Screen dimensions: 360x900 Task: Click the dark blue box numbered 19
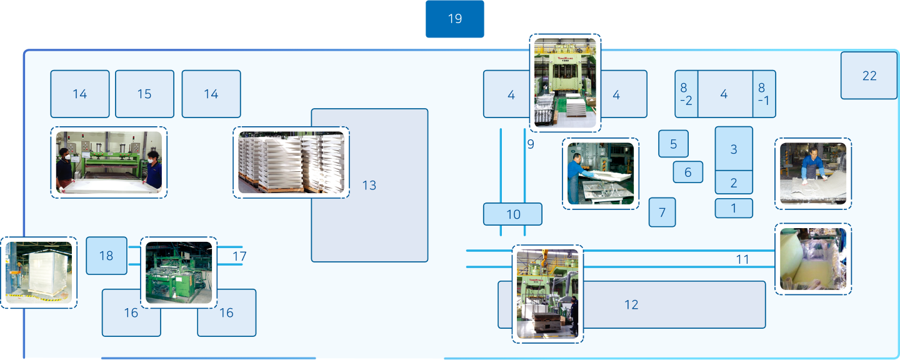coord(454,19)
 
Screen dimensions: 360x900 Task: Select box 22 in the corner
coord(869,76)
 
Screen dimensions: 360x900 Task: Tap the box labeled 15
coord(144,94)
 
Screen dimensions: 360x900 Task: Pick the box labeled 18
coord(106,255)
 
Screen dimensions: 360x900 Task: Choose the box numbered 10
coord(512,214)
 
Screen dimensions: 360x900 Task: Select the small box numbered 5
coord(673,144)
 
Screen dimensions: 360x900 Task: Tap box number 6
coord(687,172)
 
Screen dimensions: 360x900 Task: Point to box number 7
coord(662,212)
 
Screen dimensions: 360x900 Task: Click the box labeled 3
coord(734,149)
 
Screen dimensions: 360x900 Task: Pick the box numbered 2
coord(734,183)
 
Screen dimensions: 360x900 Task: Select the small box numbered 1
coord(734,208)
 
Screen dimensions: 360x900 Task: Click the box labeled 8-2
coord(686,94)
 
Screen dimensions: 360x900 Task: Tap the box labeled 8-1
coord(764,94)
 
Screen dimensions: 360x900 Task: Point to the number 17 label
coord(239,256)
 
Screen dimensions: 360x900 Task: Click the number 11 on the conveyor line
coord(742,259)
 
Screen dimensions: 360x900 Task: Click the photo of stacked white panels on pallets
coord(291,162)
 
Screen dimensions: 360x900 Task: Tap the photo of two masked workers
coord(109,162)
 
